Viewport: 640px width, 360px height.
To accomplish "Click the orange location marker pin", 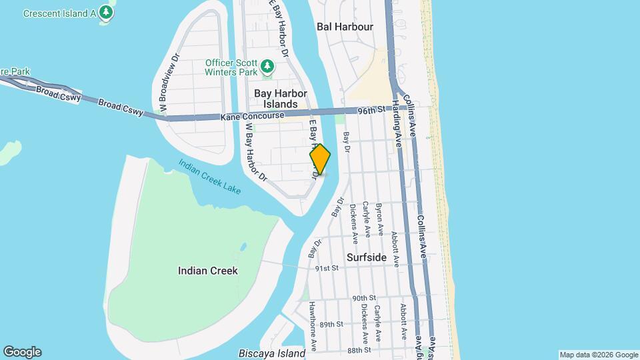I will (321, 159).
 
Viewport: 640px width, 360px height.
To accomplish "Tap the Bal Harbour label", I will (345, 27).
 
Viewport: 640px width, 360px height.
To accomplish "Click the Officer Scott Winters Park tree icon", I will (267, 65).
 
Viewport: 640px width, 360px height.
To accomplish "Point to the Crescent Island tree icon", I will (105, 12).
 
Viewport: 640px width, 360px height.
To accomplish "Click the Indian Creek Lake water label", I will (209, 176).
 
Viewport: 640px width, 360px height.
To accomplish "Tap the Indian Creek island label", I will (208, 271).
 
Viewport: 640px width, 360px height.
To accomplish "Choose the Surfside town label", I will (367, 257).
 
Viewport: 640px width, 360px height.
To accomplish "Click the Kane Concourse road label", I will (246, 117).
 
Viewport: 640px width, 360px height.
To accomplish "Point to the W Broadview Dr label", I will (169, 81).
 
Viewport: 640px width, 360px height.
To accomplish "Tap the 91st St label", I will (327, 268).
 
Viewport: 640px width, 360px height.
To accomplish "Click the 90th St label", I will (365, 298).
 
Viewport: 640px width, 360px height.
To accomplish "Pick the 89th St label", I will (331, 324).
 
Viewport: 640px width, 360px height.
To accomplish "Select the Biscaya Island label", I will (272, 353).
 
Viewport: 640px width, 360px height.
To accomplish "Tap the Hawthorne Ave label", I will (312, 326).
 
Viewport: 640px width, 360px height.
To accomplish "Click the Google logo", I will (22, 352).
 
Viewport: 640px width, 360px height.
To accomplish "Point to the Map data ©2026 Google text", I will (598, 355).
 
